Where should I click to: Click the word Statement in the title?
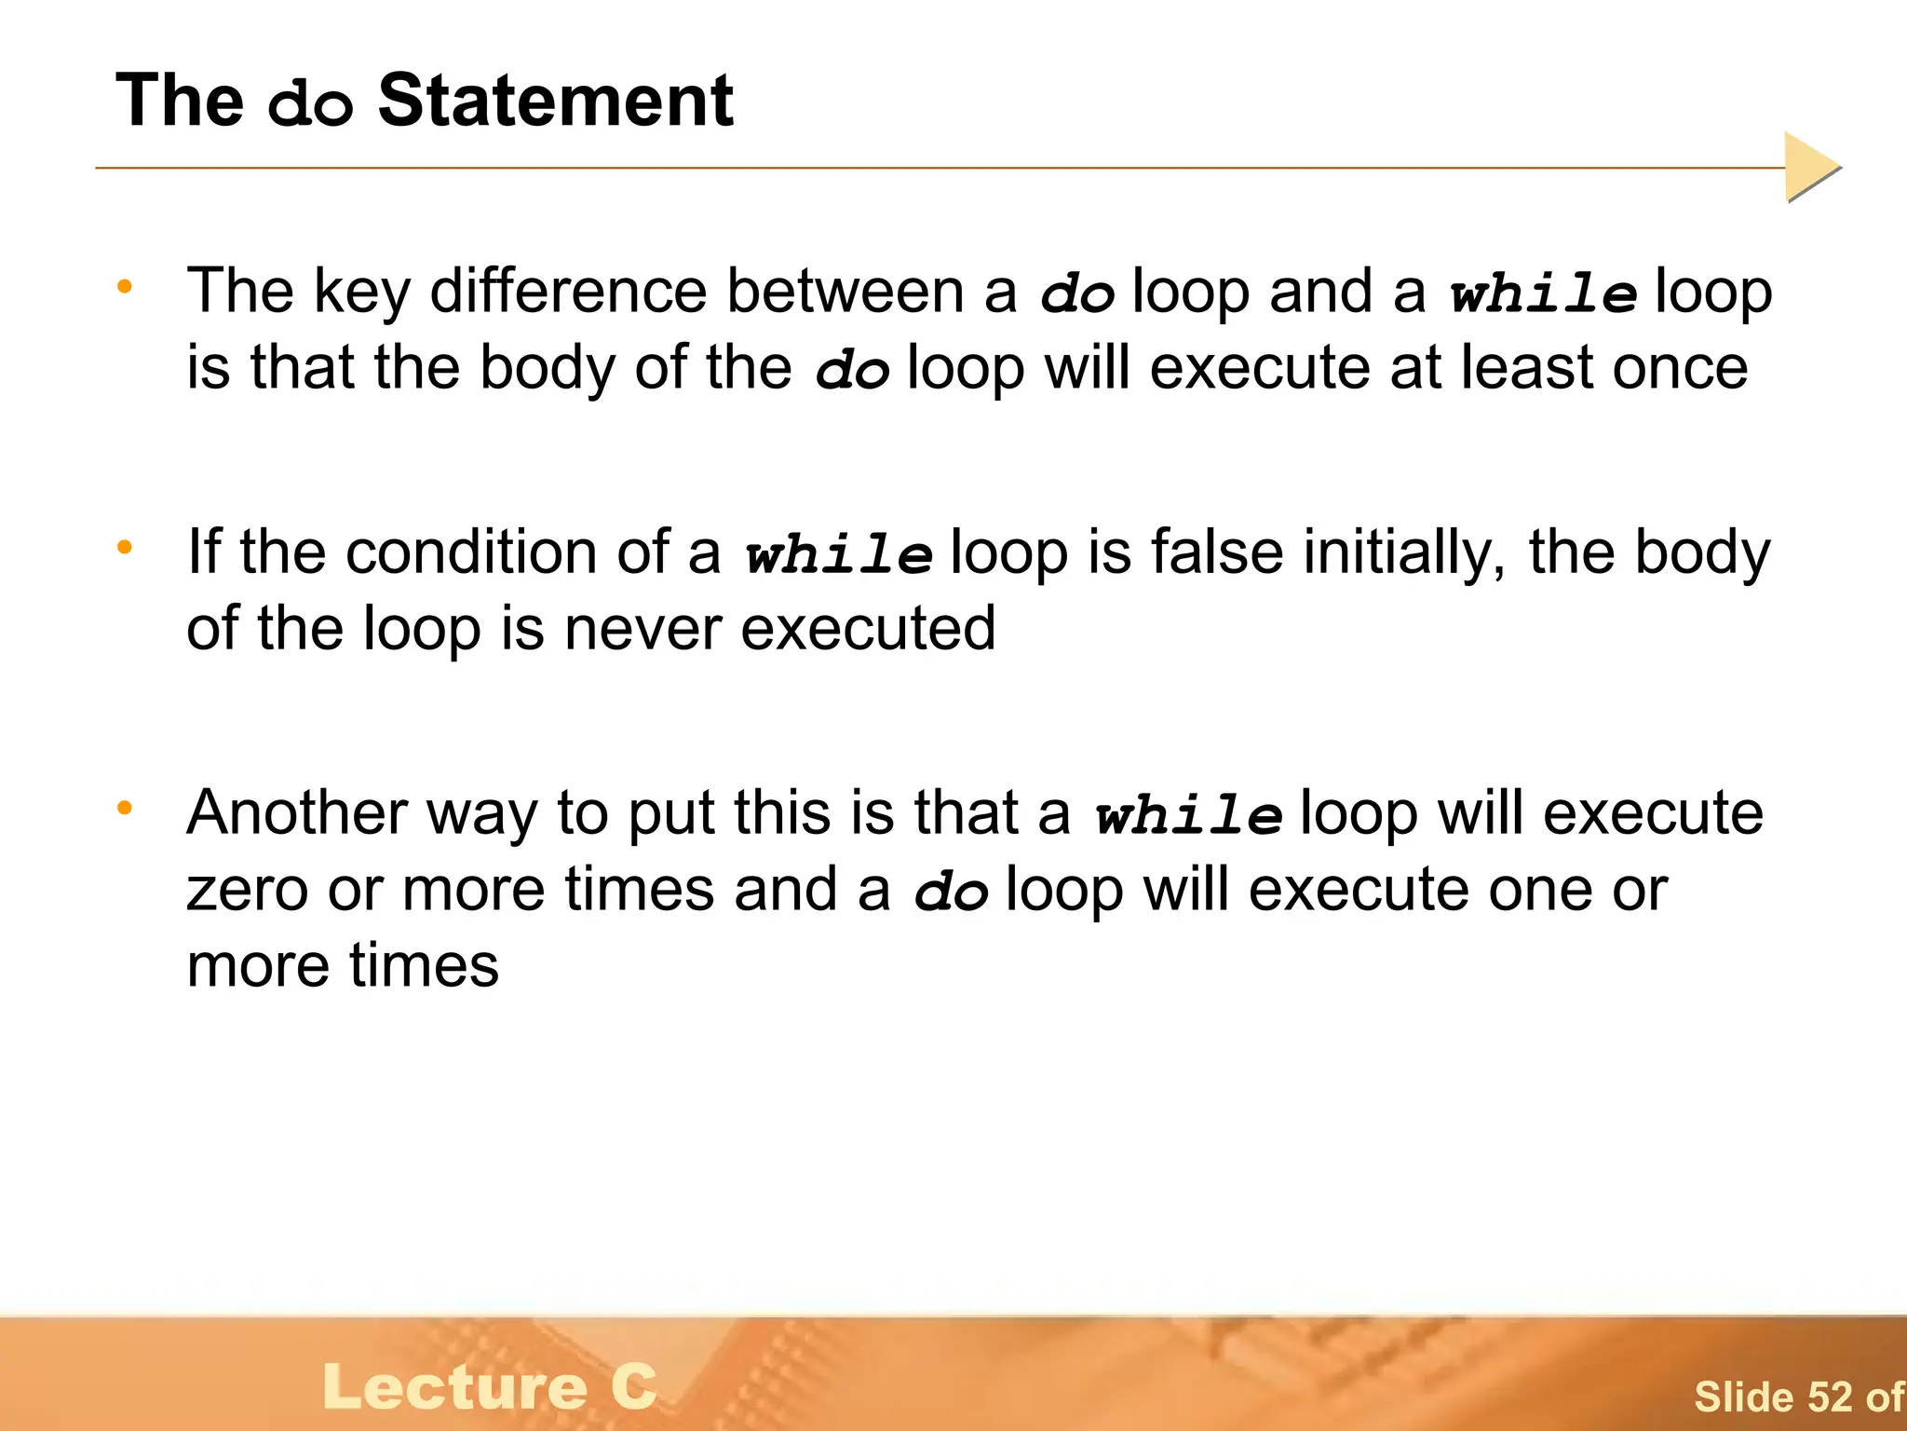tap(555, 101)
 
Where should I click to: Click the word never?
tap(643, 630)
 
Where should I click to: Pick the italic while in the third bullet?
tap(1189, 816)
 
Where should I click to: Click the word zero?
tap(247, 891)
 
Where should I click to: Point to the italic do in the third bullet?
tap(951, 893)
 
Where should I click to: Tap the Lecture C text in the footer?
tap(490, 1386)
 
